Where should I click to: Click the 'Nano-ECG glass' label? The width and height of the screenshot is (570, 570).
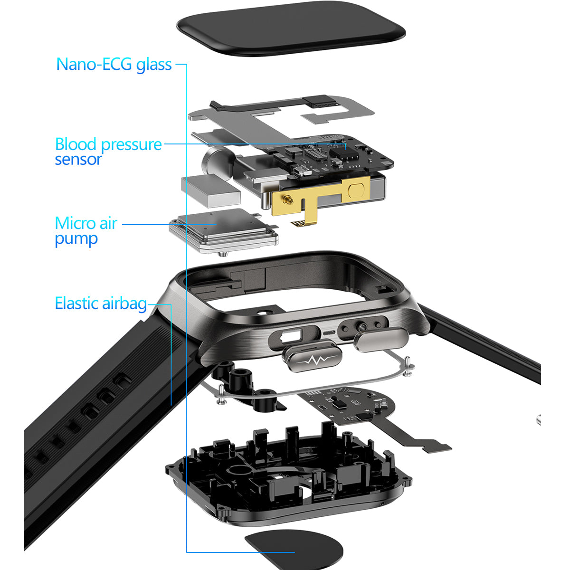point(114,65)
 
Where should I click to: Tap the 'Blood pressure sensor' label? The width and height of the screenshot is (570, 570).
point(108,151)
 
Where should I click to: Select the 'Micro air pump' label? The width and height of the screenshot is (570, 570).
point(86,231)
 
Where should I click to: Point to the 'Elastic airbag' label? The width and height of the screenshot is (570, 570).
point(101,303)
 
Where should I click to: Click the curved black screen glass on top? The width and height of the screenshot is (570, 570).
point(291,28)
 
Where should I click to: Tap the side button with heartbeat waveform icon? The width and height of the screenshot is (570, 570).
point(312,359)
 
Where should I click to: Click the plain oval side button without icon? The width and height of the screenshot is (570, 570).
point(381,340)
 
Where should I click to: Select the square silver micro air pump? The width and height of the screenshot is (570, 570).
point(224,231)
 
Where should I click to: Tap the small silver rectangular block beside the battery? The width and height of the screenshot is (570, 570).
point(210,190)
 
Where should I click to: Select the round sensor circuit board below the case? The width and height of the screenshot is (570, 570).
point(352,405)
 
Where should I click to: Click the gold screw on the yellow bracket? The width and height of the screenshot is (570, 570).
point(287,201)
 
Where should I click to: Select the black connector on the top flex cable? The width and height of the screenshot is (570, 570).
point(322,101)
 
